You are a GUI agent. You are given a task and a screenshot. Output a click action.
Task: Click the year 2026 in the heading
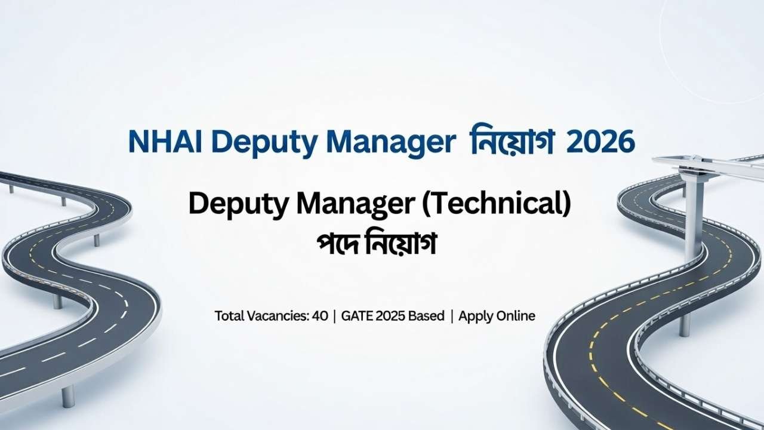(600, 143)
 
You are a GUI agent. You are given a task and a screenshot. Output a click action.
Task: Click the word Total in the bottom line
(230, 316)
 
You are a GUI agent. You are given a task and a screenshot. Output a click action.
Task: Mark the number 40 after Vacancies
(320, 316)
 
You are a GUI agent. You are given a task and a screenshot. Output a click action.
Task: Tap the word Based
(426, 316)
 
